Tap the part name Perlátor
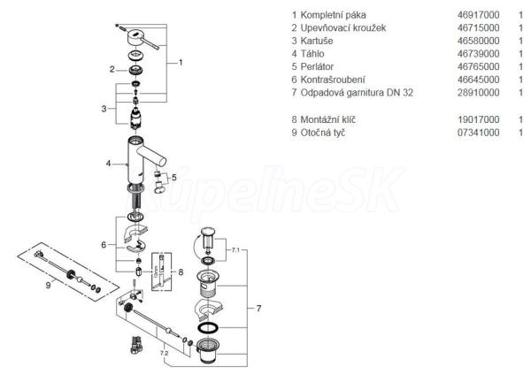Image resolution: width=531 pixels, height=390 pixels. pos(321,66)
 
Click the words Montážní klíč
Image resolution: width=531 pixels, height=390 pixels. pos(330,119)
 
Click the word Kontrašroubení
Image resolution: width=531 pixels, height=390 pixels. pos(334,80)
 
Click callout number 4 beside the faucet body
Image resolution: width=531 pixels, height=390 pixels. pos(108,164)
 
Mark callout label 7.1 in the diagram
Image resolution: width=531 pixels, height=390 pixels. pos(235,251)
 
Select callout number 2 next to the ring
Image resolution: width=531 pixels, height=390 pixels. pos(112,68)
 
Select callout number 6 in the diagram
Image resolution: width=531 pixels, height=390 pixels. pos(103,244)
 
